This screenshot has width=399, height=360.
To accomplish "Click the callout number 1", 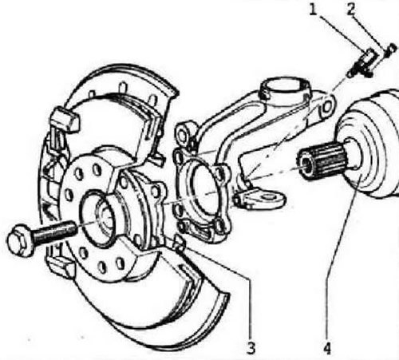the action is point(314,10).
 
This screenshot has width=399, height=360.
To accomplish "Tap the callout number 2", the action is point(351,10).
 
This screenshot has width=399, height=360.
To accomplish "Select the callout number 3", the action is point(251,348).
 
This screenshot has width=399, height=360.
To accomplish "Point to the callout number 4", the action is point(327,348).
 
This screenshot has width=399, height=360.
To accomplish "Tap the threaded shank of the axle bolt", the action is point(54,233).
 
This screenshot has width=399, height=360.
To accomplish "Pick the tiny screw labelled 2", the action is point(390,50).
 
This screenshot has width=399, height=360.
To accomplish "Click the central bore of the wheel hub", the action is point(102,218).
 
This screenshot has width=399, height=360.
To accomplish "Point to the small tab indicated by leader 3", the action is point(179,243).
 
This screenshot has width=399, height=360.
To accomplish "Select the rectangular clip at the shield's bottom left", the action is point(60,266).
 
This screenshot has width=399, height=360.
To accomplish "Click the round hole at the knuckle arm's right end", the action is point(327,107).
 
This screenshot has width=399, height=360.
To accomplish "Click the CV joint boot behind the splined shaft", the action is point(373,146).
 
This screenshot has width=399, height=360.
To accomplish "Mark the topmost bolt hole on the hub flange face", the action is point(97,170).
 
